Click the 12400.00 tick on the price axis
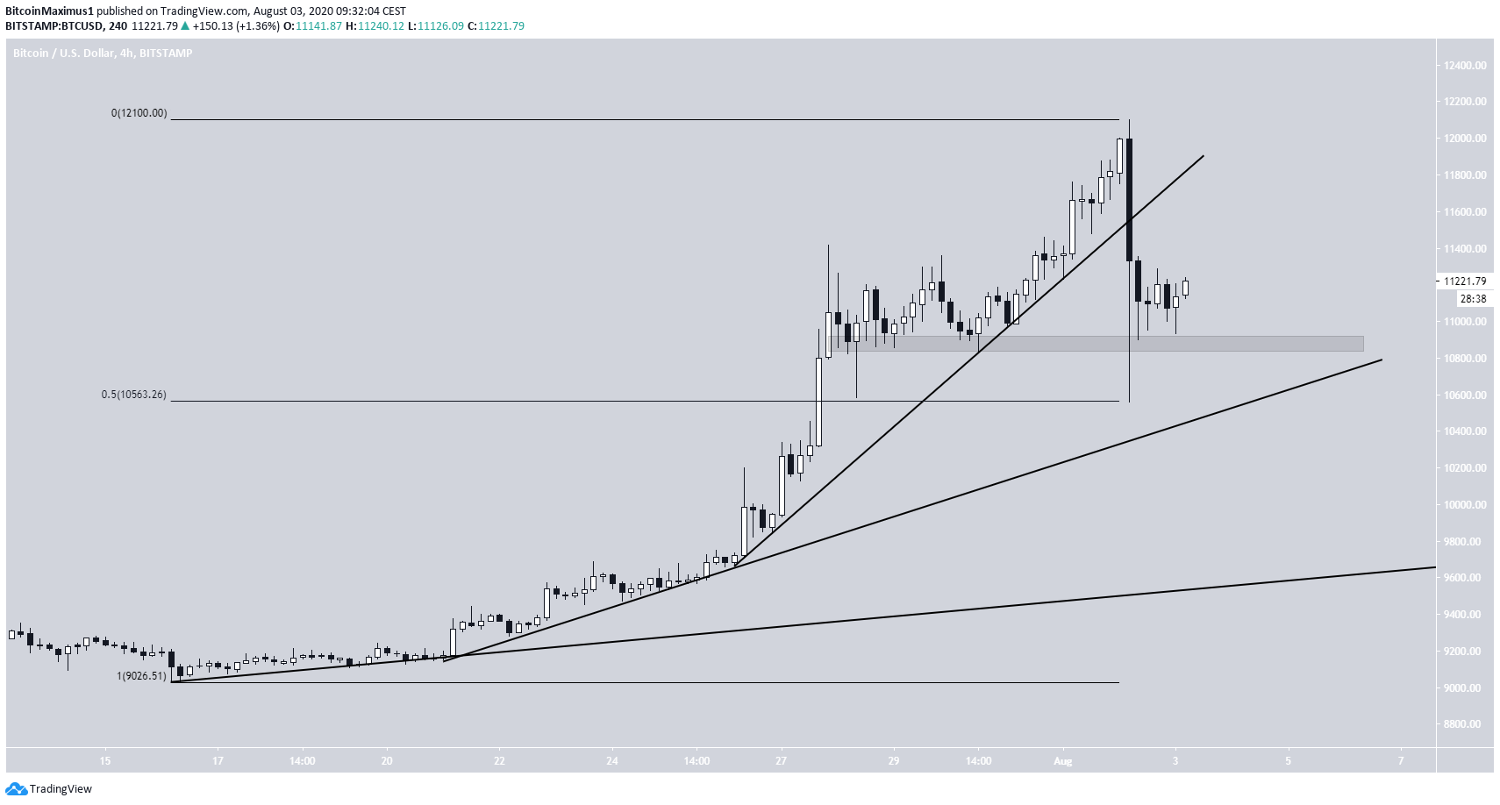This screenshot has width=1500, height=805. (1465, 66)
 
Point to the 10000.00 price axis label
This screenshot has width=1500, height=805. (1465, 505)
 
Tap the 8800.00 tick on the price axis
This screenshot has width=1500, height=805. (1465, 724)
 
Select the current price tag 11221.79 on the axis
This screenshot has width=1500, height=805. (1465, 281)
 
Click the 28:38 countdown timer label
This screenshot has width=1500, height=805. (1472, 299)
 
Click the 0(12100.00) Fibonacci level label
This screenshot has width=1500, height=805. (139, 113)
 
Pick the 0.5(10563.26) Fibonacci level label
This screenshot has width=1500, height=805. (133, 395)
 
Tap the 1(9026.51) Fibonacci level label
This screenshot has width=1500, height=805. (141, 676)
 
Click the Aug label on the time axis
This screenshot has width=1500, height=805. (1062, 760)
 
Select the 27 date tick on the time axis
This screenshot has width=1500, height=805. (781, 760)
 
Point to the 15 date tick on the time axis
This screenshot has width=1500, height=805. (104, 760)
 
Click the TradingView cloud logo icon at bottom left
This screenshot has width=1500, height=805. (16, 789)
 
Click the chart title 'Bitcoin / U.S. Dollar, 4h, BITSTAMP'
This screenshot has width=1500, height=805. (103, 53)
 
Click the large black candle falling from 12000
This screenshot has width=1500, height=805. (1129, 200)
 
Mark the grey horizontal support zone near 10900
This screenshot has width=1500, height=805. (1096, 344)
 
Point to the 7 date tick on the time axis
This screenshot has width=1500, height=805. (1401, 760)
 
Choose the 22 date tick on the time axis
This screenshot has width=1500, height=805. (499, 760)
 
